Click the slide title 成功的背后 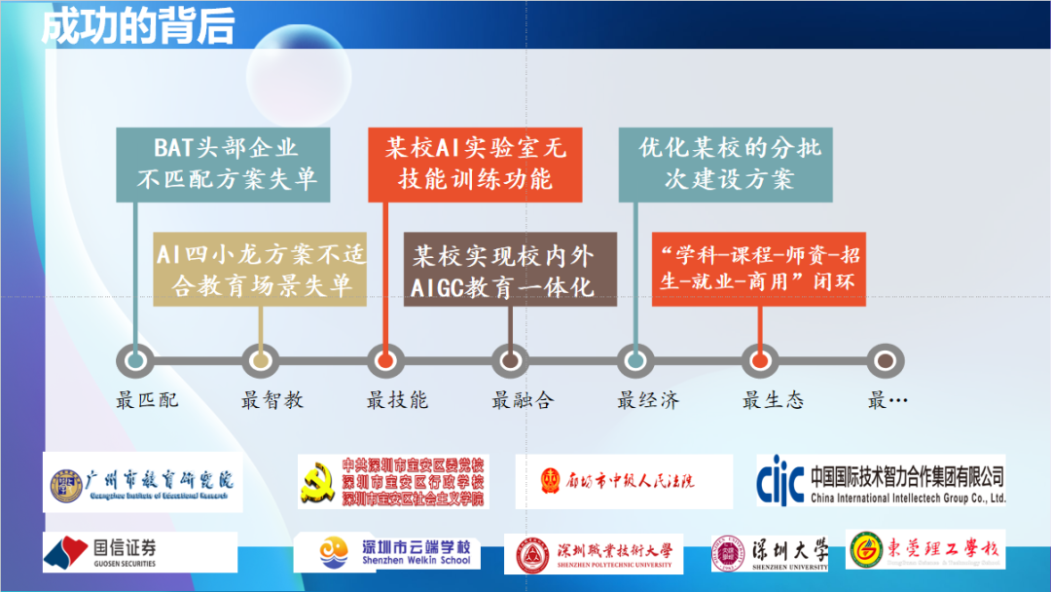tap(137, 26)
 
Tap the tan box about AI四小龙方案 tap(260, 270)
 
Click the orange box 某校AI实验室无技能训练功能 tap(475, 164)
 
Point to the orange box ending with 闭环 tap(758, 270)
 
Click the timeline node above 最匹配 tap(136, 360)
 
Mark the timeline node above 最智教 tap(260, 360)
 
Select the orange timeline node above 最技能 tap(385, 360)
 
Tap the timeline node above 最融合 tap(510, 360)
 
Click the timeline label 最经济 tap(648, 399)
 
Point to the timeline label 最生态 tap(774, 399)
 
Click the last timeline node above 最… tap(885, 360)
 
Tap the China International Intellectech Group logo tap(881, 480)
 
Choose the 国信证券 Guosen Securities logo tap(139, 552)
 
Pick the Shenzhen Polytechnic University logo tap(594, 553)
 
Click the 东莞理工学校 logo tap(924, 550)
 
